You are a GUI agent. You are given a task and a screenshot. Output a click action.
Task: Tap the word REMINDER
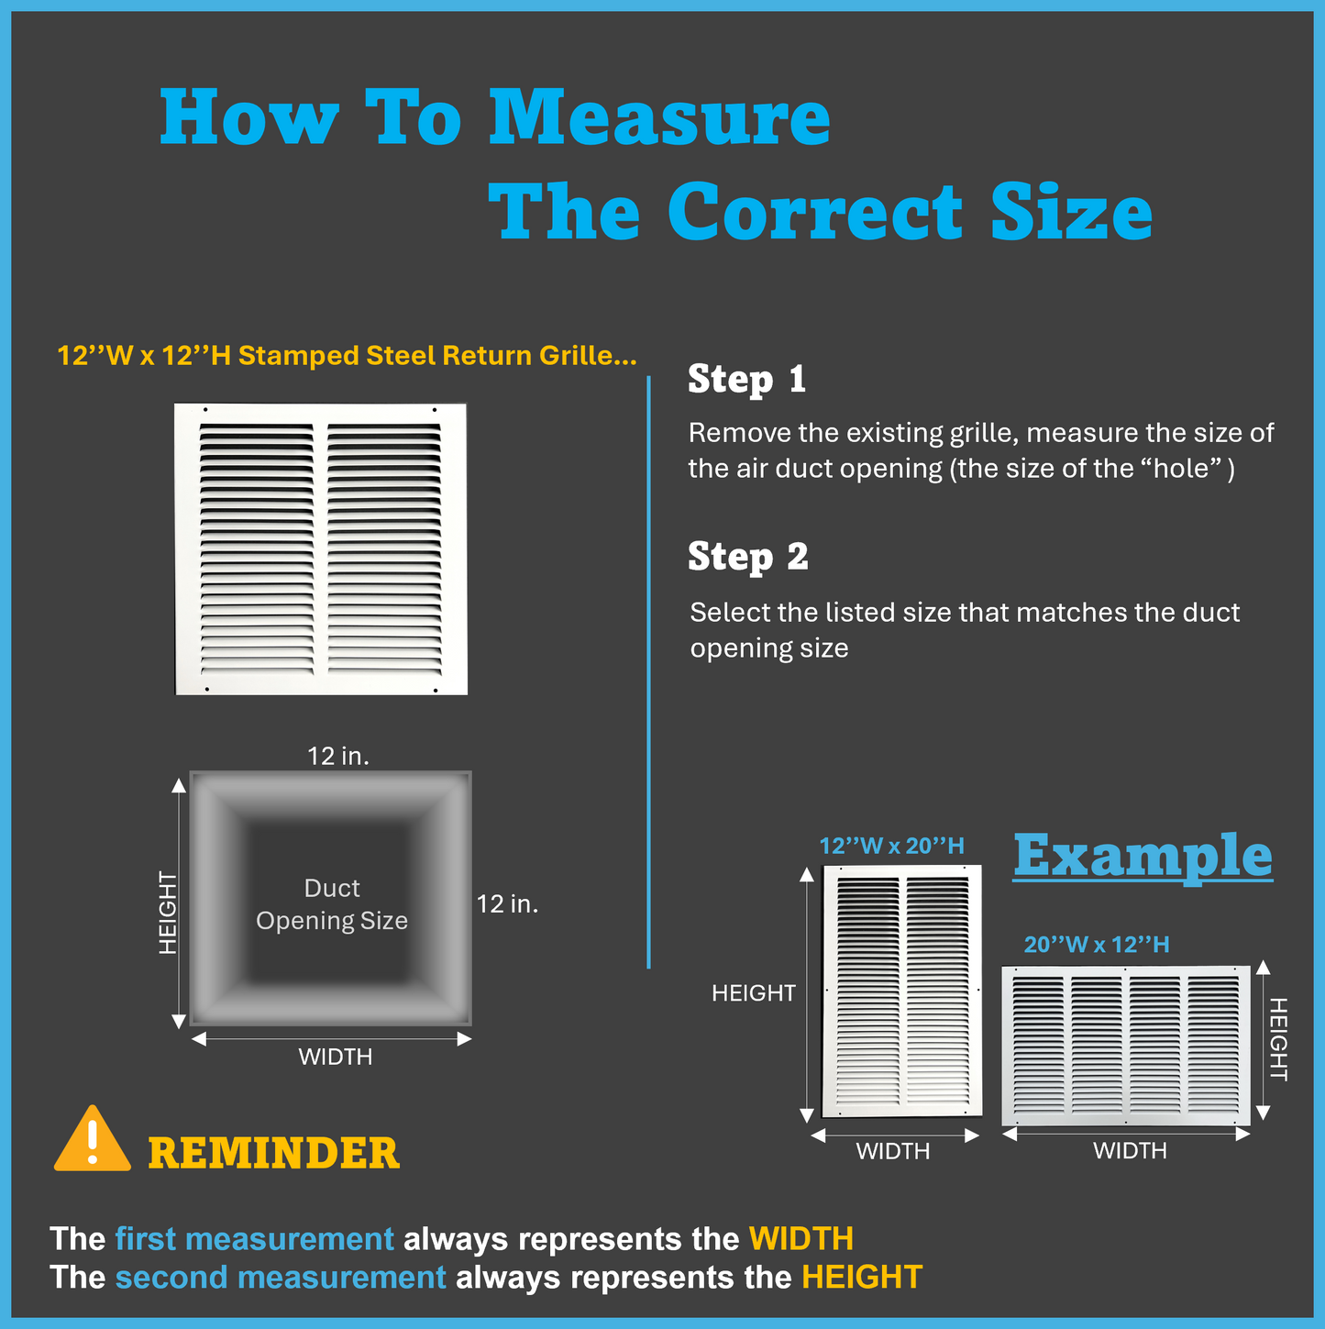point(274,1153)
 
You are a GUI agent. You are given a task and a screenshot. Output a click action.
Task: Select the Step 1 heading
point(747,379)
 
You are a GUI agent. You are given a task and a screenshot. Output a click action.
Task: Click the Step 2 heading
point(748,557)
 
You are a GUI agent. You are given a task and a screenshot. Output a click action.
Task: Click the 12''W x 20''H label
point(891,846)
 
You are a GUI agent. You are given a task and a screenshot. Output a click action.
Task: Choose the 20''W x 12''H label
point(1097,944)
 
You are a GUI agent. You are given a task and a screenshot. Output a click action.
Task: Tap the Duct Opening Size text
point(332,904)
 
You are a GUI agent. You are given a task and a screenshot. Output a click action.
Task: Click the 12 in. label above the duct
point(338,756)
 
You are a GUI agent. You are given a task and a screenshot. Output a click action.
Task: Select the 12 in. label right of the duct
point(507,904)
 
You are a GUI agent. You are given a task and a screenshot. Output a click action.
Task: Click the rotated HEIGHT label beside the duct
point(168,913)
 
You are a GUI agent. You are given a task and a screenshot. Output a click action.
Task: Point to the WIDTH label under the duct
point(336,1057)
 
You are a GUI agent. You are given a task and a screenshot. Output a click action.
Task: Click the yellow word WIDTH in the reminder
point(801,1238)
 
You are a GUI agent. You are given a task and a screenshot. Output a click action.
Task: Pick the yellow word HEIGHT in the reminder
point(862,1278)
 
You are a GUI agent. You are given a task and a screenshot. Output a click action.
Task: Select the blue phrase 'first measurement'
point(255,1238)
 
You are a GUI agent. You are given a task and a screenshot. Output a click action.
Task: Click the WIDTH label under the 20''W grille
point(1130,1150)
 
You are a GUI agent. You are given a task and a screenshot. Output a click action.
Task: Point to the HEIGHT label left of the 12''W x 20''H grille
point(753,993)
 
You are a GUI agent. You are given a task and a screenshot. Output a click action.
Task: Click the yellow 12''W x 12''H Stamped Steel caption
point(347,355)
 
